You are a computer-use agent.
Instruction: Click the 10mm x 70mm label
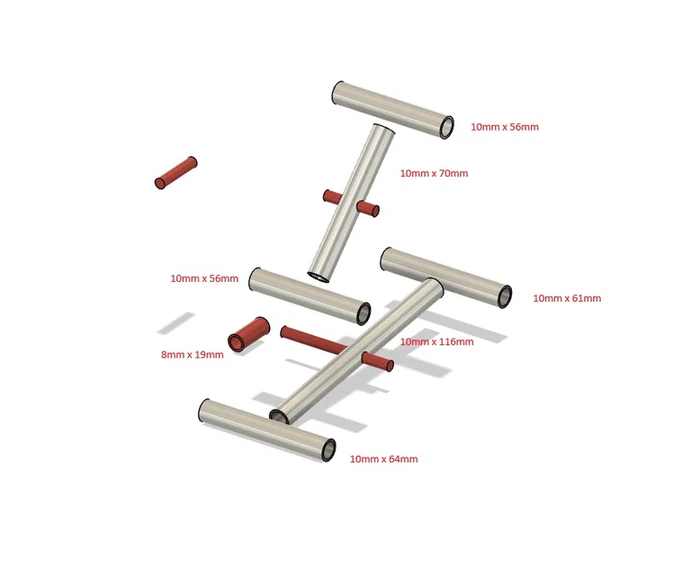(434, 173)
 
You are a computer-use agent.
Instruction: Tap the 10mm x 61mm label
(567, 298)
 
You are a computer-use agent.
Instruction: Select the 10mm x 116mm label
(437, 341)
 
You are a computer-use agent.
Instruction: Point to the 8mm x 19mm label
(193, 355)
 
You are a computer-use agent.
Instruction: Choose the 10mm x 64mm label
(383, 459)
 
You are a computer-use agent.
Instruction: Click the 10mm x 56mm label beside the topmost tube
(505, 127)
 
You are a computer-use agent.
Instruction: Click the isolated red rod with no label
(176, 173)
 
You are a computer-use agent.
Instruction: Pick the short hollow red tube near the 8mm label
(249, 335)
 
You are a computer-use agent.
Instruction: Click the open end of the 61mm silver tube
(505, 296)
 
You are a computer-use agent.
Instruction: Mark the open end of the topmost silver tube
(447, 127)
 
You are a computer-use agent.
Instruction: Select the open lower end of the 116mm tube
(280, 416)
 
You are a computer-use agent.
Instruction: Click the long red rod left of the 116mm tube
(313, 341)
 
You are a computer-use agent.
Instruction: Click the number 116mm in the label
(456, 341)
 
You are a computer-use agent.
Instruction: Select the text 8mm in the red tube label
(171, 355)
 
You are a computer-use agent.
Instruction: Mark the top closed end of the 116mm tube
(432, 285)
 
